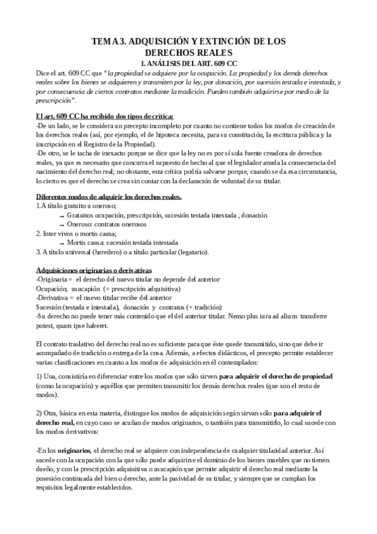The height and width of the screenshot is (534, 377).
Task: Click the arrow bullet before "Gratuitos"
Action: pyautogui.click(x=61, y=216)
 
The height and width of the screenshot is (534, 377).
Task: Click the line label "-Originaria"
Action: pyautogui.click(x=52, y=278)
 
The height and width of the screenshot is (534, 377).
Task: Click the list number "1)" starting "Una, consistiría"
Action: pyautogui.click(x=40, y=377)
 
